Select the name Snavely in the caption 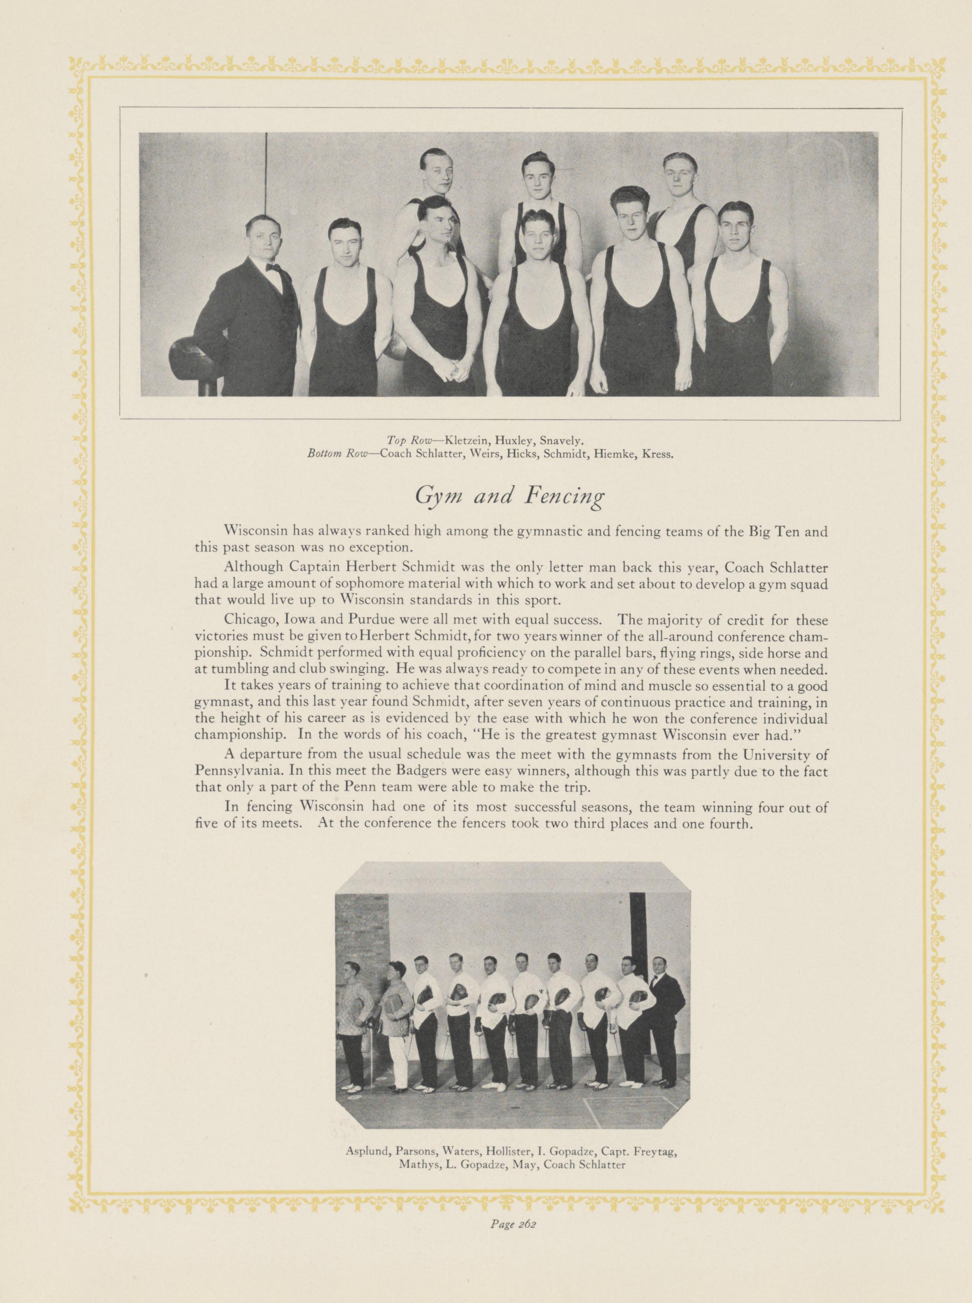[565, 439]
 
